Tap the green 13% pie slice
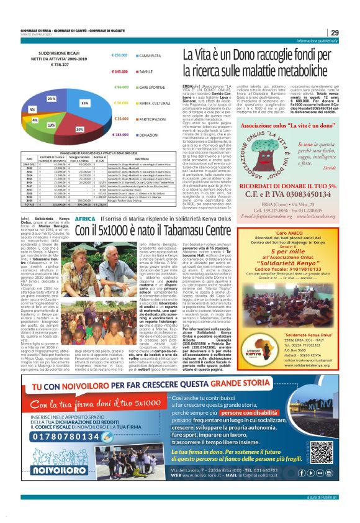(x=51, y=125)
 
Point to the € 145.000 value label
(x=120, y=71)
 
